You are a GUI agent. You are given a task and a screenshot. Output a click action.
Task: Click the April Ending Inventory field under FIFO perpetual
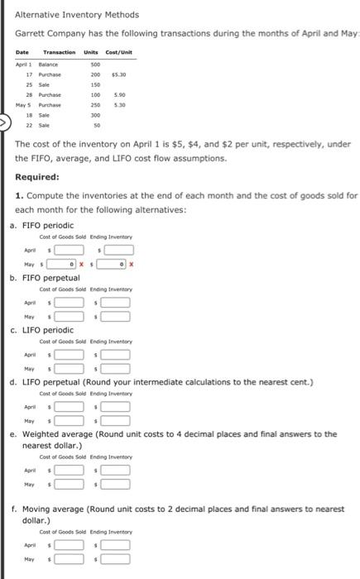(117, 303)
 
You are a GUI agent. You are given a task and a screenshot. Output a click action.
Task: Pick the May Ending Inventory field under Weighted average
(117, 485)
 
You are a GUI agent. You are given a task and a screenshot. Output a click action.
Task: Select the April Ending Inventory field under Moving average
(117, 544)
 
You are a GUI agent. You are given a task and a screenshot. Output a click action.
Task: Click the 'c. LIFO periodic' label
(51, 330)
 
